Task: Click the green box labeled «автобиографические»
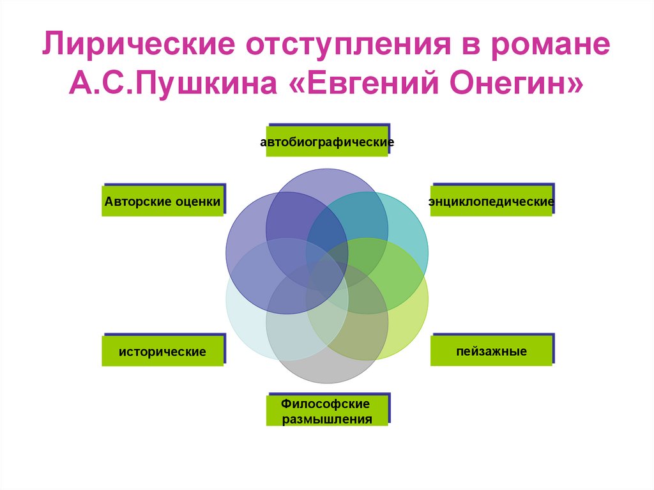click(x=327, y=142)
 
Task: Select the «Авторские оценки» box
click(x=163, y=202)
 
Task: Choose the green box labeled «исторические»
click(x=163, y=351)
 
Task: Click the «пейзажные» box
click(x=491, y=351)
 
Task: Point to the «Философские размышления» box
click(x=327, y=411)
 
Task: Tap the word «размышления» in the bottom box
click(x=327, y=419)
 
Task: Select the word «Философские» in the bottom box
click(x=326, y=404)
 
